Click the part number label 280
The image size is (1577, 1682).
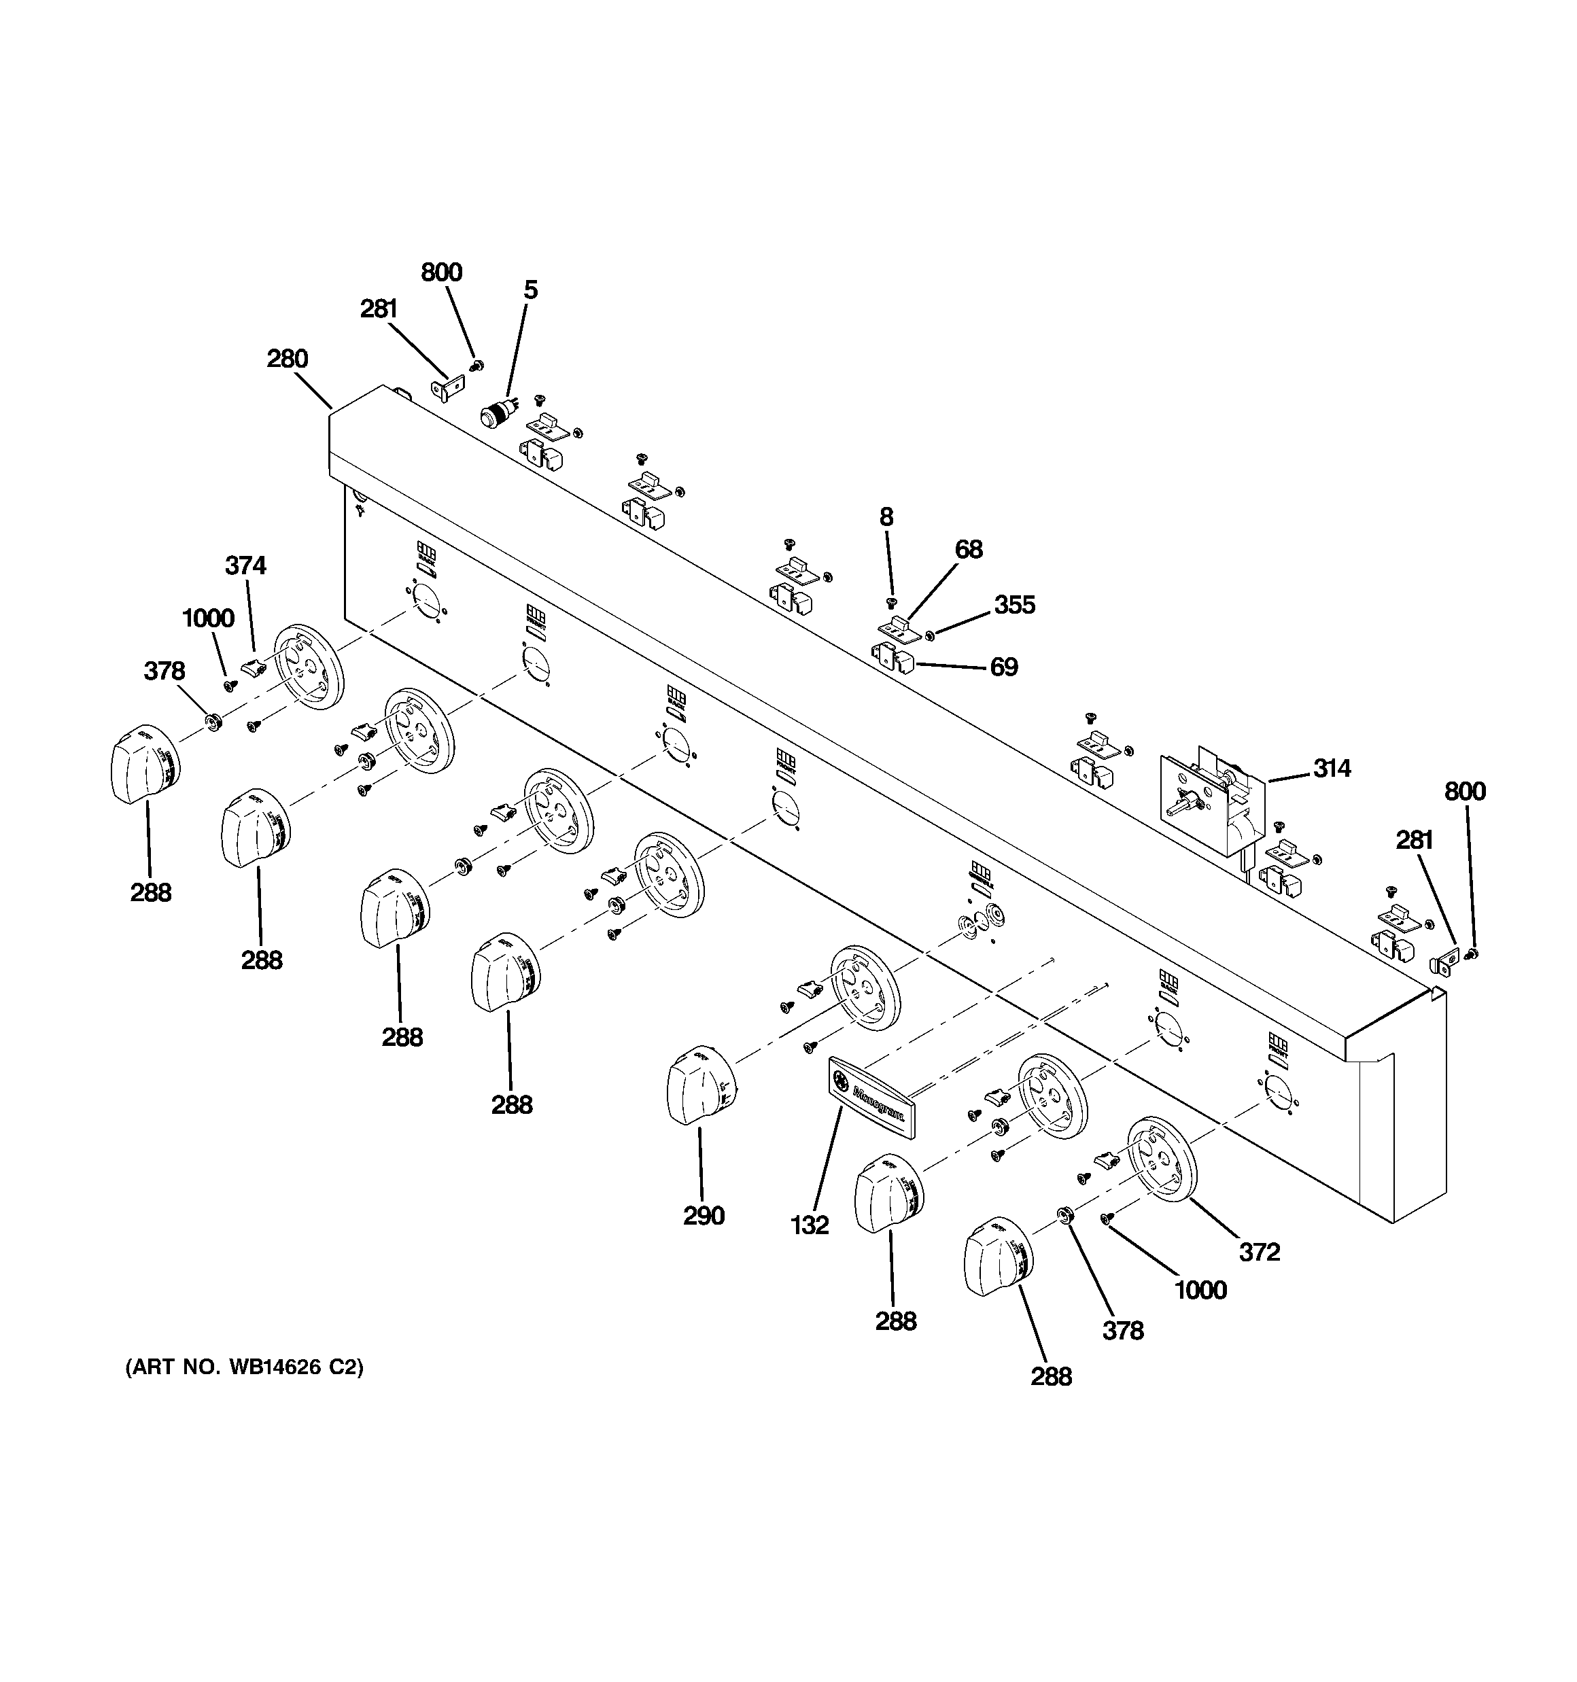pyautogui.click(x=288, y=359)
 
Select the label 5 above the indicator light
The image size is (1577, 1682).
pyautogui.click(x=530, y=290)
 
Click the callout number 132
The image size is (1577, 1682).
pyautogui.click(x=810, y=1225)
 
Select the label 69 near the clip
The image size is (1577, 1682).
pyautogui.click(x=1004, y=667)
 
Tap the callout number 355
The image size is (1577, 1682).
pyautogui.click(x=1014, y=605)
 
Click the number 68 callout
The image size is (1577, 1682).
pyautogui.click(x=969, y=549)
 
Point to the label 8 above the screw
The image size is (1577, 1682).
pyautogui.click(x=886, y=517)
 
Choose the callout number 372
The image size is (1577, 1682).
pyautogui.click(x=1259, y=1251)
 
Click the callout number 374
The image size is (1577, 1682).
pyautogui.click(x=245, y=565)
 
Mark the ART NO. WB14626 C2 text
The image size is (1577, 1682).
pyautogui.click(x=245, y=1367)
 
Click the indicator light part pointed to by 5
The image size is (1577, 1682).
pyautogui.click(x=493, y=415)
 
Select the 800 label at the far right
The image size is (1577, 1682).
pyautogui.click(x=1464, y=791)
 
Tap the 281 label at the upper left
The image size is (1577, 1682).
pyautogui.click(x=379, y=309)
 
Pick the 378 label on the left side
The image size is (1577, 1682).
pyautogui.click(x=164, y=671)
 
